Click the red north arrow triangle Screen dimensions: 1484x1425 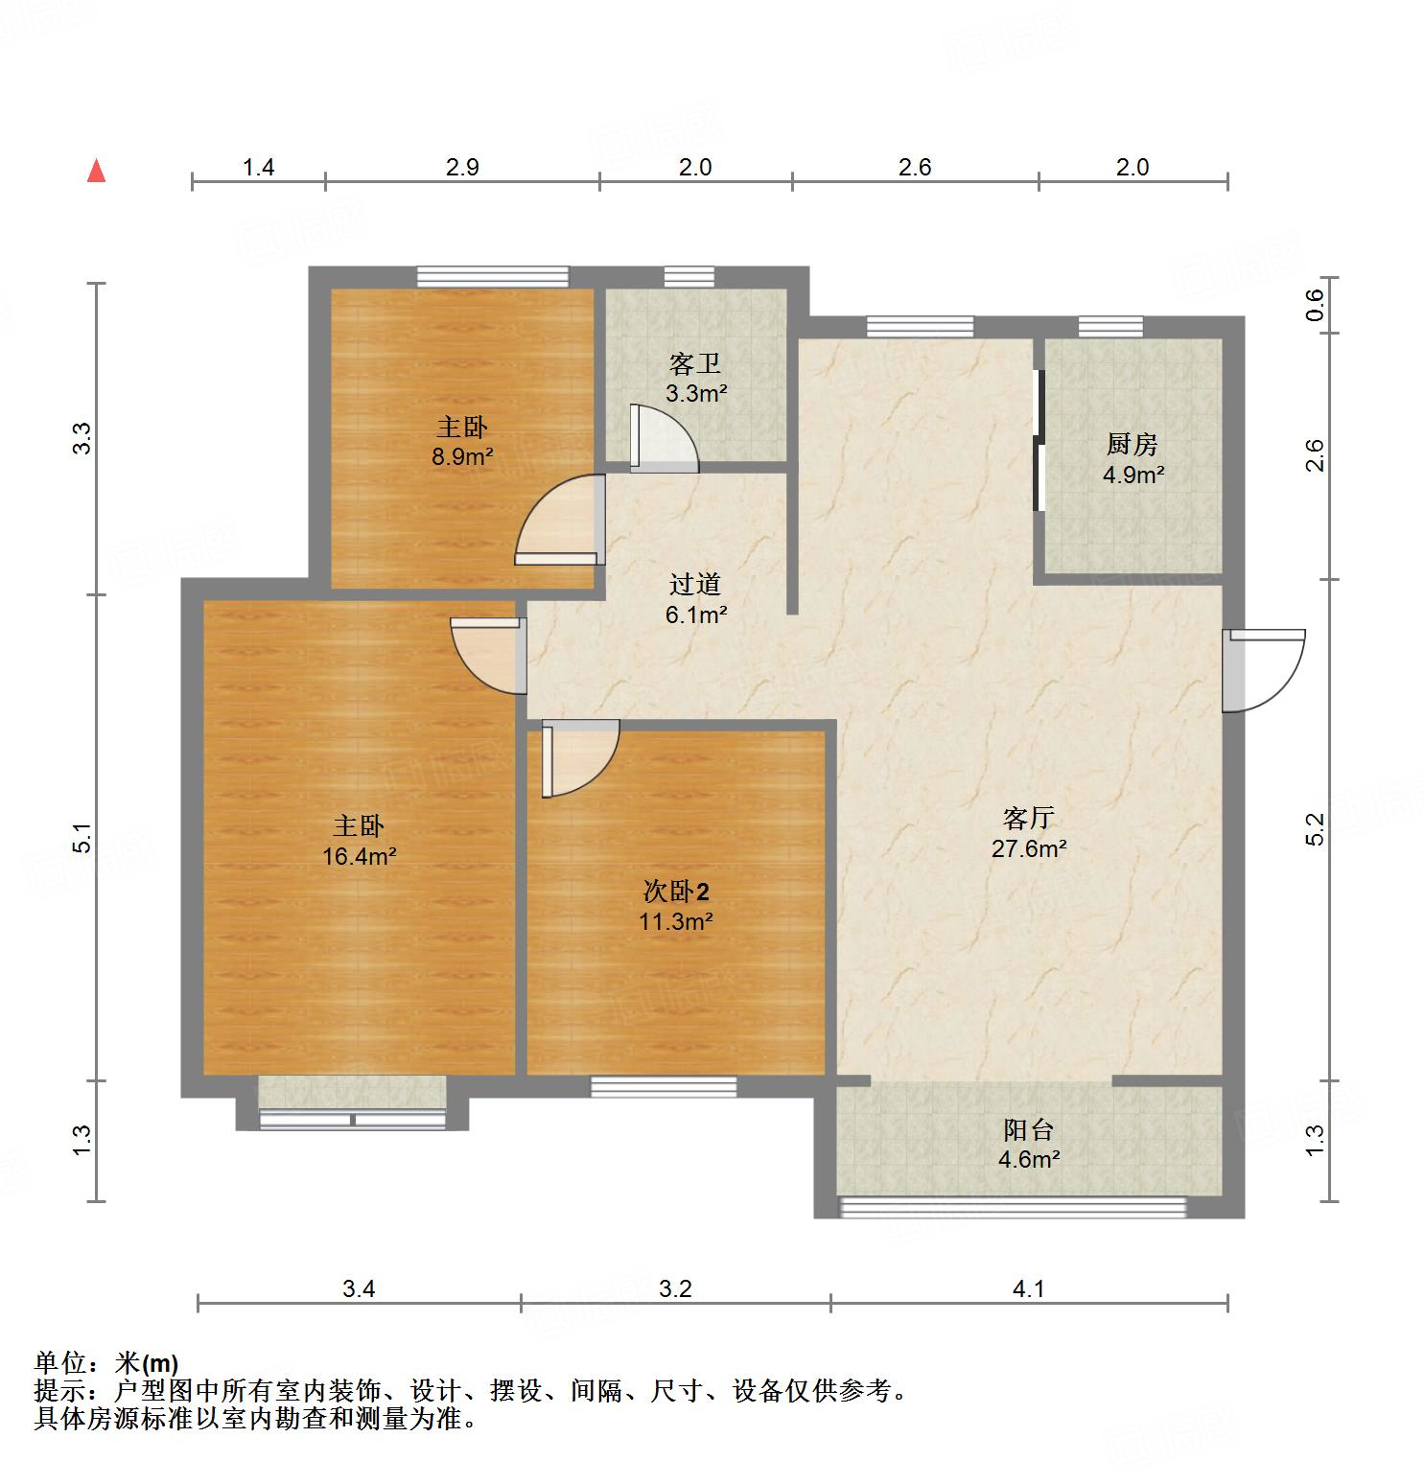[96, 171]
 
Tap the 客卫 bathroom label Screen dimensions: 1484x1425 [695, 364]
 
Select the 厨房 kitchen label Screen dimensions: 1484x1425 [1132, 444]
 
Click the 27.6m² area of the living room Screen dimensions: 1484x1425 [1029, 848]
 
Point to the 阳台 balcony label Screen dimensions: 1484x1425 [1029, 1129]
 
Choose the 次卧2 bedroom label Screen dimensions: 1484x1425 [676, 893]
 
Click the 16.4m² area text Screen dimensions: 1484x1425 [359, 856]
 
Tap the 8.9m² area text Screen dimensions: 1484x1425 [461, 456]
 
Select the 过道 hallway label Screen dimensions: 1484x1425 [695, 584]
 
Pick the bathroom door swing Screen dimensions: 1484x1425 [664, 439]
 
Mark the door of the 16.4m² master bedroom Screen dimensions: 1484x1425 [487, 655]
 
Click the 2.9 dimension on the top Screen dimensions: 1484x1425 [462, 168]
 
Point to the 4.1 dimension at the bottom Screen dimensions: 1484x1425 [1028, 1289]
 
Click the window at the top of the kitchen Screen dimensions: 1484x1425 [1110, 327]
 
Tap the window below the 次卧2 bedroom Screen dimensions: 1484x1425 [664, 1086]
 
